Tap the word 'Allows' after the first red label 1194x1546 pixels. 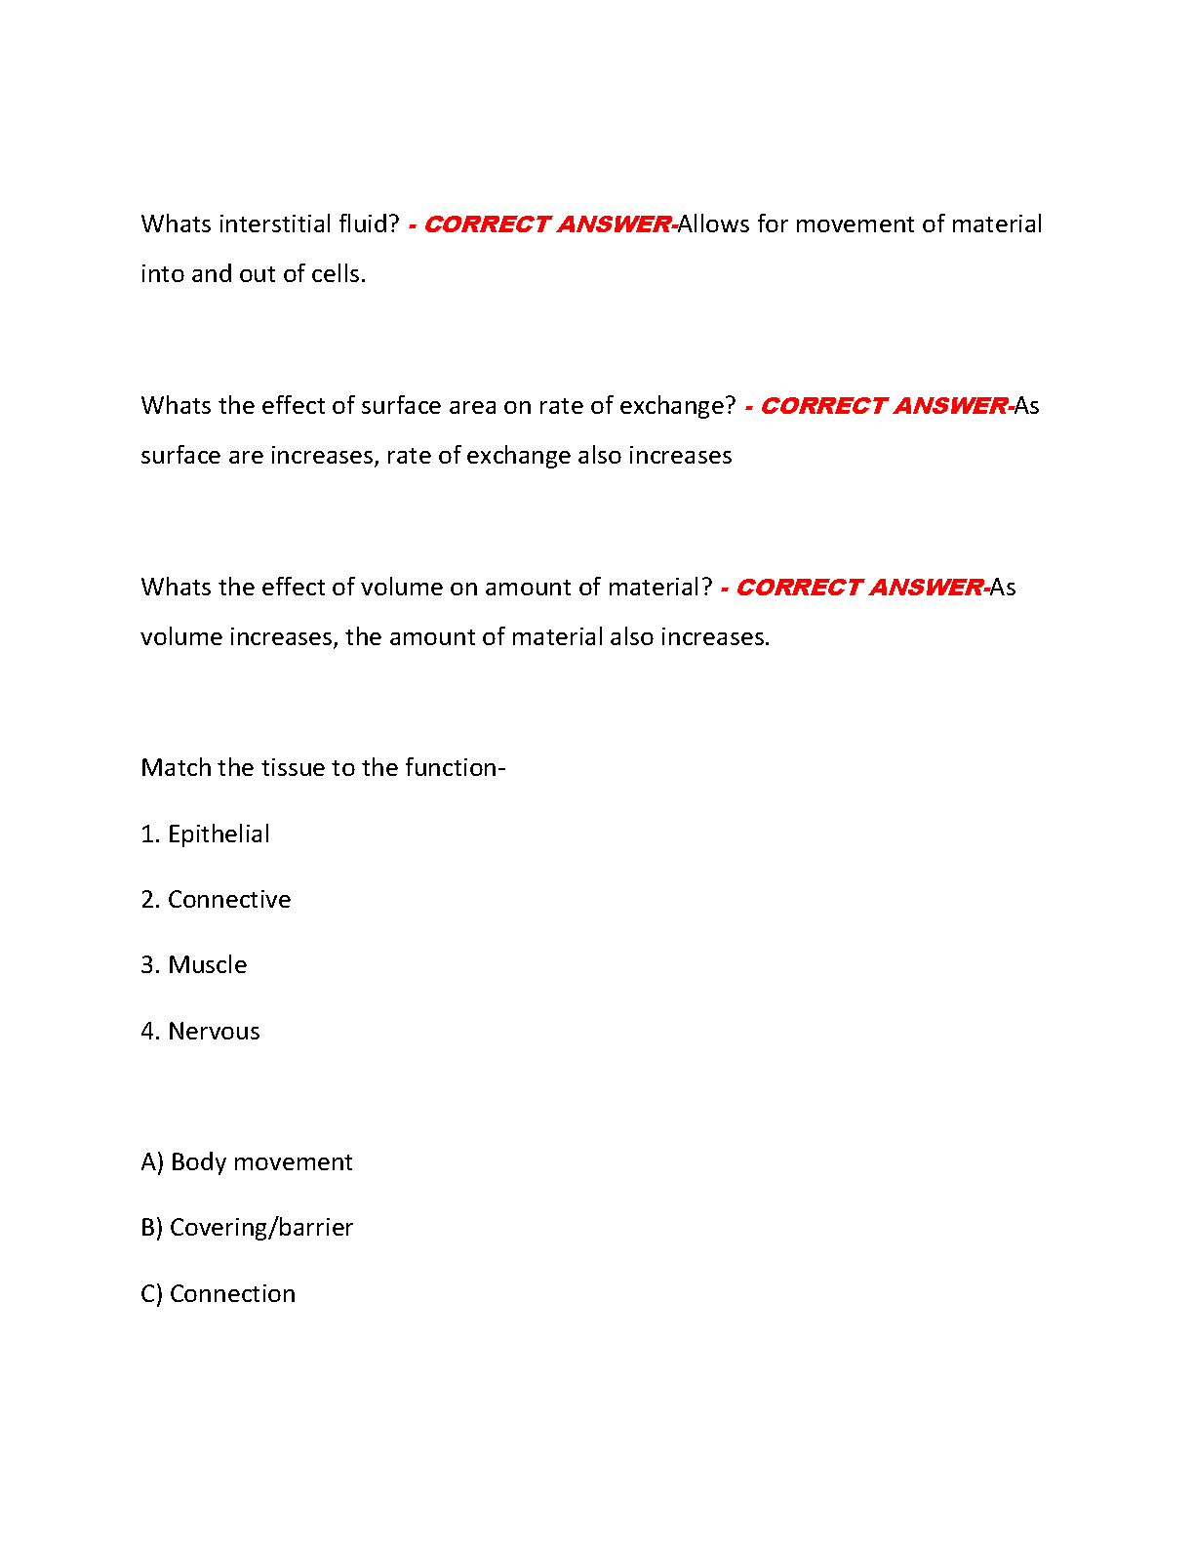click(x=714, y=224)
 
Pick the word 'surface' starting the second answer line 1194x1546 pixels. click(x=180, y=456)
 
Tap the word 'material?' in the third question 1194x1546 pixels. click(x=660, y=588)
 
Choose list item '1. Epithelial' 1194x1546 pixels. click(x=205, y=834)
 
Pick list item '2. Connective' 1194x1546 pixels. click(x=216, y=900)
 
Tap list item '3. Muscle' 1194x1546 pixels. click(x=194, y=965)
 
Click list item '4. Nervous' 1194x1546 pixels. click(x=200, y=1032)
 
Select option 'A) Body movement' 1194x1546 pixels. click(x=247, y=1162)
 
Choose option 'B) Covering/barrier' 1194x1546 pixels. click(x=247, y=1228)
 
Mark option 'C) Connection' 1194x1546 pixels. click(x=218, y=1294)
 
